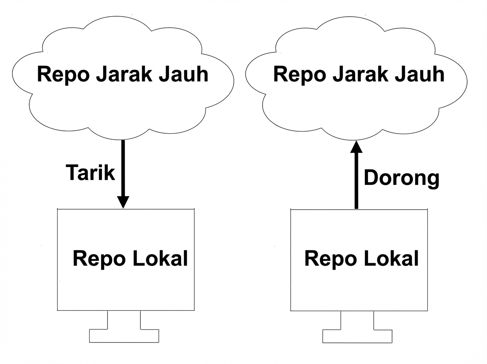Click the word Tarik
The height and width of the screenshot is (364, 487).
pos(91,173)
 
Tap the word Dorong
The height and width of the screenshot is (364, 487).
pos(401,178)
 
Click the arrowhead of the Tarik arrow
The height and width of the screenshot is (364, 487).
pos(123,201)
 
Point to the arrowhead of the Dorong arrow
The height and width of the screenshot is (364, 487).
pos(356,147)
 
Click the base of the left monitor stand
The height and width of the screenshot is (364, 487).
pos(124,336)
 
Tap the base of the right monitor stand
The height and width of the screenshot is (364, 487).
pos(357,336)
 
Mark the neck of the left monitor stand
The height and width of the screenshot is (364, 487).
pos(124,320)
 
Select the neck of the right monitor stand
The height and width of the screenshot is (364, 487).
pos(357,320)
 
